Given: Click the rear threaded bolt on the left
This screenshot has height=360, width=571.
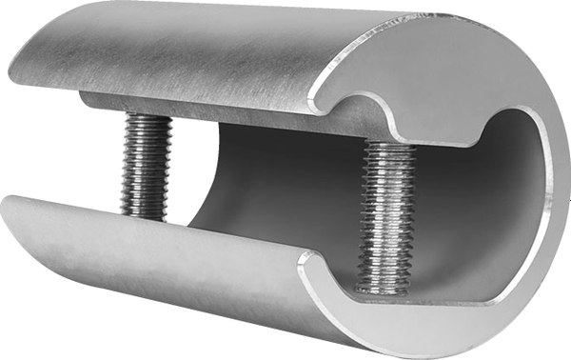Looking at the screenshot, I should (146, 167).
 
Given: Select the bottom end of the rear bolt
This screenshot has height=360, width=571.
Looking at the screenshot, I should (145, 215).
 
